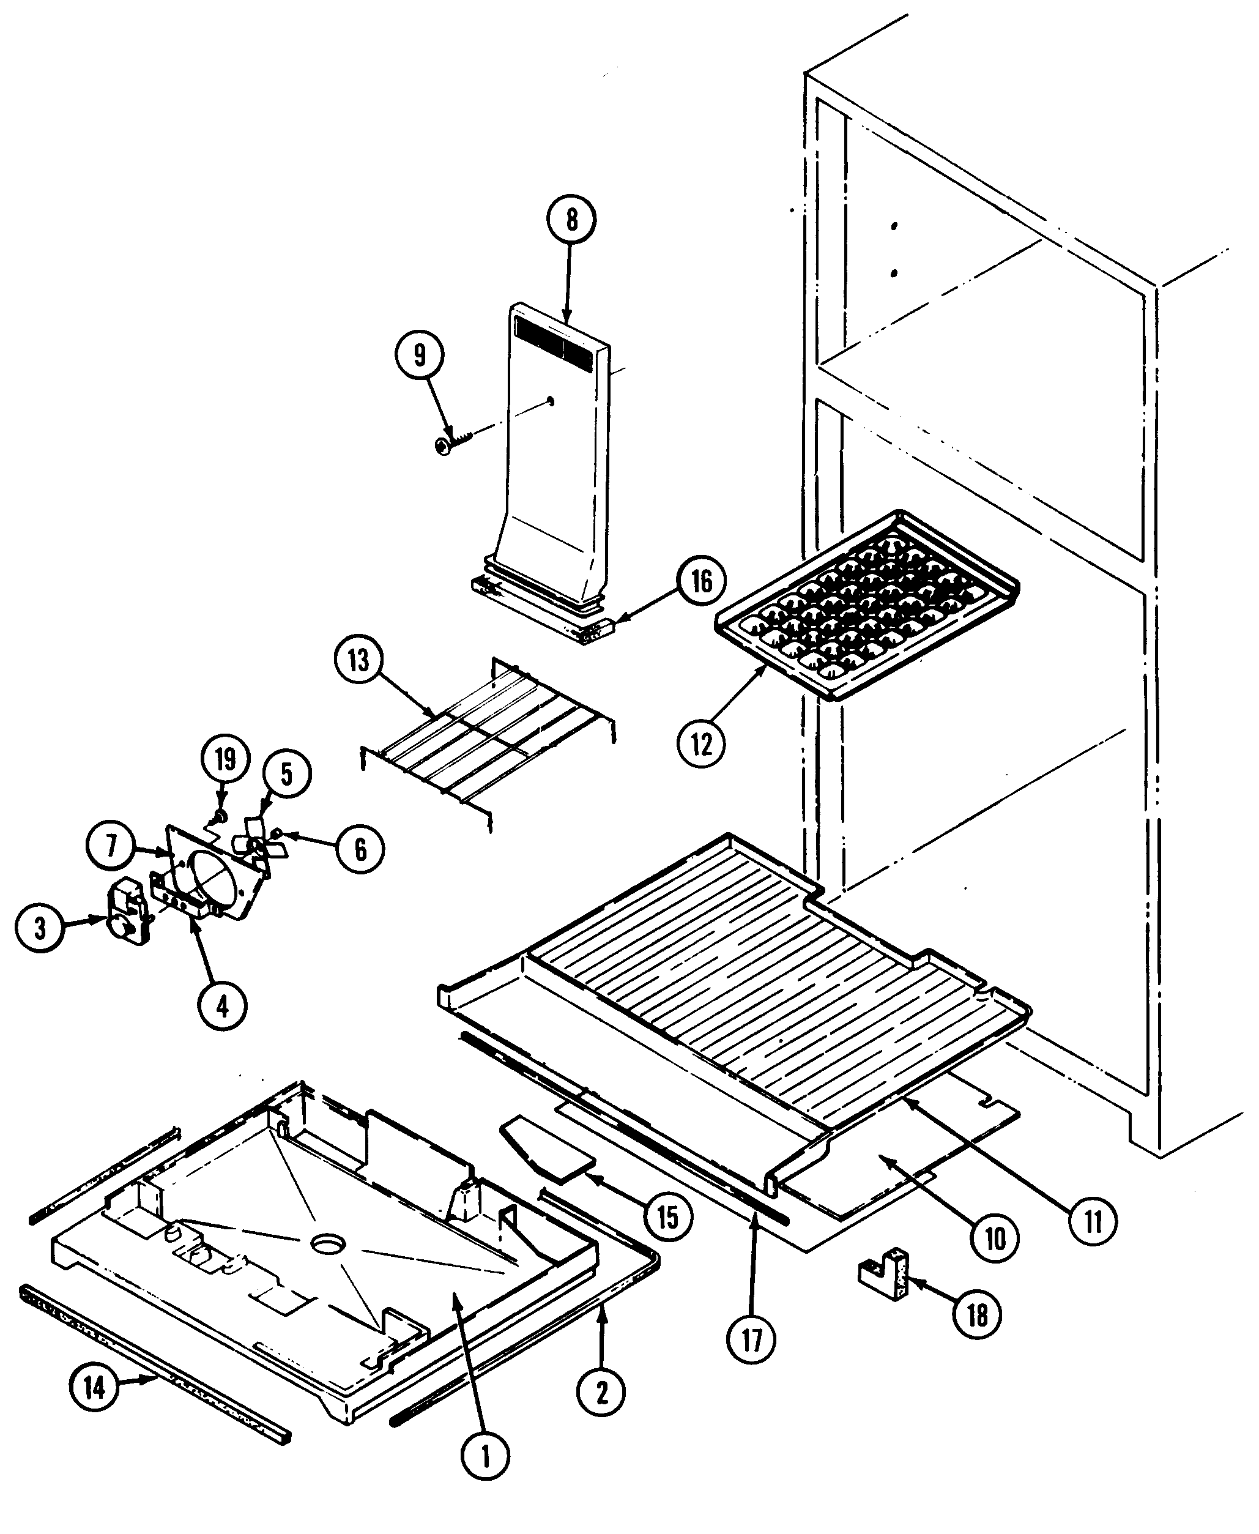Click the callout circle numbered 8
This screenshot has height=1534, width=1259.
(571, 219)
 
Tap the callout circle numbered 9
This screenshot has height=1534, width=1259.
(420, 356)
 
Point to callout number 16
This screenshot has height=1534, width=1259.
(701, 581)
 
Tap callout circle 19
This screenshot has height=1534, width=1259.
(226, 759)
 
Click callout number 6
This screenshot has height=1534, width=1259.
(360, 849)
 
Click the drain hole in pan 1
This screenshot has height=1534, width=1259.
(329, 1244)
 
